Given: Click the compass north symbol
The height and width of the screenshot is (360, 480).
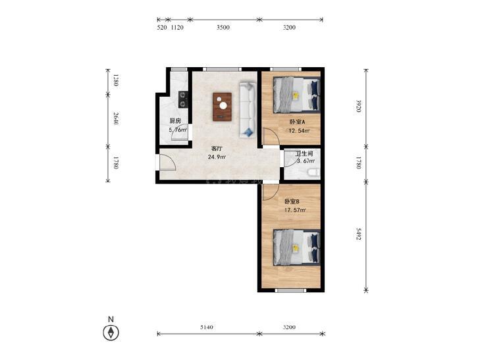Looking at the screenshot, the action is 111,332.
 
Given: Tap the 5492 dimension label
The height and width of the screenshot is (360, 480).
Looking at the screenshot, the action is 359,234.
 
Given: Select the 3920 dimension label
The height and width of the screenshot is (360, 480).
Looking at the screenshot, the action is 359,106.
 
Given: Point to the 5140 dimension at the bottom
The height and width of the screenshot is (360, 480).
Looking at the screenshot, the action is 207,327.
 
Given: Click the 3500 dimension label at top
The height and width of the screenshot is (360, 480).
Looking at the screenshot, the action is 223,28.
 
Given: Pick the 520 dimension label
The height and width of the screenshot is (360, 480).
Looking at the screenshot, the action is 161,28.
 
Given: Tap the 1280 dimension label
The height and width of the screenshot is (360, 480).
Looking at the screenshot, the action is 115,80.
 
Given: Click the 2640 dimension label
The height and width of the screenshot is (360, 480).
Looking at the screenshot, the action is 115,118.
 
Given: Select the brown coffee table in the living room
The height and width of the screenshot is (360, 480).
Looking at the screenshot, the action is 223,107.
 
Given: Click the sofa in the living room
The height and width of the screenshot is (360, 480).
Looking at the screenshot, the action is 248,109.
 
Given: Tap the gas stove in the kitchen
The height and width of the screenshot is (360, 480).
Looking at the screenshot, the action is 183,99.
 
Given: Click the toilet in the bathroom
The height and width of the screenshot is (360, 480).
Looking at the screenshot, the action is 313,174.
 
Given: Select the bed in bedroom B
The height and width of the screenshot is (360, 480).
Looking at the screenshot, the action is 297,247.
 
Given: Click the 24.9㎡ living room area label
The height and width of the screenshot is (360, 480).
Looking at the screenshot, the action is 217,157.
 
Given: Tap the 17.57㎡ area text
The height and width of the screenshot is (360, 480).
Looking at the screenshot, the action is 295,210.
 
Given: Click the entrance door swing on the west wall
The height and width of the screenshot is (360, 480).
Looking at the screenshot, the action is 167,162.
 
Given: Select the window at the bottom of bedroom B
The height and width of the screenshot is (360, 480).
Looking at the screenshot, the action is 289,290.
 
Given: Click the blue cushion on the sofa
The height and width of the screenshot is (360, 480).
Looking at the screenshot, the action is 249,132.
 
